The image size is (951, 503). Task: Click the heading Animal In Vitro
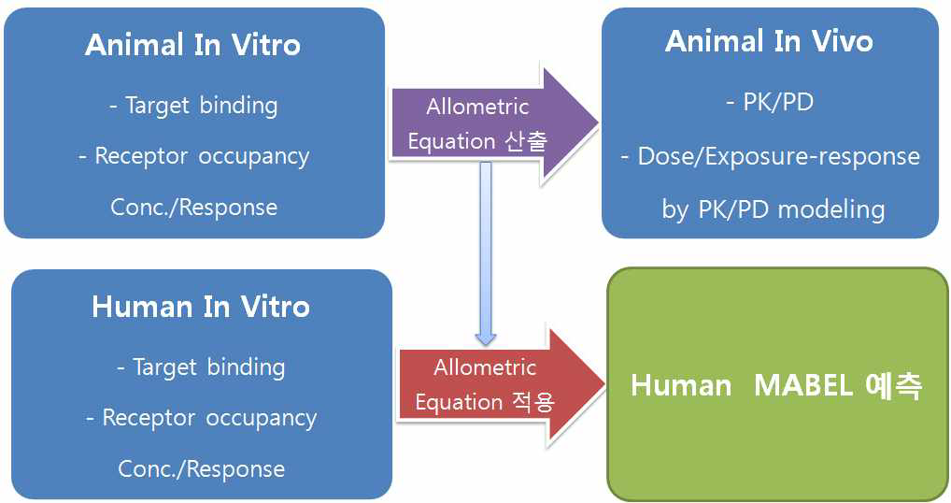pyautogui.click(x=192, y=46)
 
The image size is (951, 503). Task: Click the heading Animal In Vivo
pyautogui.click(x=769, y=41)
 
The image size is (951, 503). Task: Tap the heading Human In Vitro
pyautogui.click(x=200, y=307)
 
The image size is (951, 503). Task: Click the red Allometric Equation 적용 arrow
pyautogui.click(x=496, y=384)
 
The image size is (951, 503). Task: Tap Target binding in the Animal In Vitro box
pyautogui.click(x=192, y=106)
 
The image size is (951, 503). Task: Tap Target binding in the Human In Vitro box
pyautogui.click(x=200, y=367)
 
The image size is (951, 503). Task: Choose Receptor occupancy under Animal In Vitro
pyautogui.click(x=193, y=156)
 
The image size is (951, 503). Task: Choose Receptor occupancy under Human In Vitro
pyautogui.click(x=201, y=418)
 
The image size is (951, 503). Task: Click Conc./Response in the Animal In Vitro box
pyautogui.click(x=193, y=207)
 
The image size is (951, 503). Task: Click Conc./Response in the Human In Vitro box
pyautogui.click(x=201, y=468)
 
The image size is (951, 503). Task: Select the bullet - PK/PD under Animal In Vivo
pyautogui.click(x=769, y=102)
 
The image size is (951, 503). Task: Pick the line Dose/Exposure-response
pyautogui.click(x=770, y=156)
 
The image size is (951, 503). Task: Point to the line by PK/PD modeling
pyautogui.click(x=773, y=208)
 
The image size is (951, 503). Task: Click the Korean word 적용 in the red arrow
pyautogui.click(x=533, y=402)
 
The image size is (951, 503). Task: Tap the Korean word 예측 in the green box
pyautogui.click(x=890, y=386)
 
